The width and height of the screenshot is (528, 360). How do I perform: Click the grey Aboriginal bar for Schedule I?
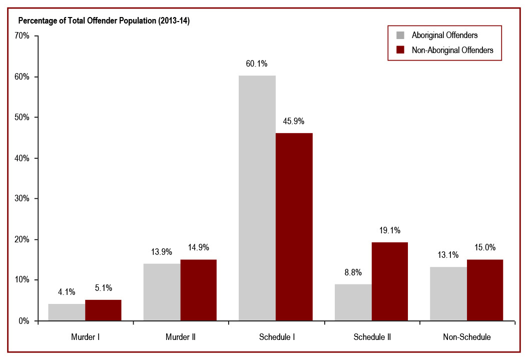point(257,198)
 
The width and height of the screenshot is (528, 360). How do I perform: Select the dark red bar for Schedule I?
point(294,226)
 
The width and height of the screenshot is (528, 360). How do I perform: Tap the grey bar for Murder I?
point(67,312)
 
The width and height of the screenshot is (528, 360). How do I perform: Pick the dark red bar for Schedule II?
point(389,281)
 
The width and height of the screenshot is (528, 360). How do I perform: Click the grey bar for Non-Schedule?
point(448,293)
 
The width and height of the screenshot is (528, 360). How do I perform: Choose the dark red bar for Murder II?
point(198,290)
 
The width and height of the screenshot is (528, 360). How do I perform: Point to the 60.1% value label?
point(257,64)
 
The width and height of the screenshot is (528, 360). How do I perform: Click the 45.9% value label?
point(294,121)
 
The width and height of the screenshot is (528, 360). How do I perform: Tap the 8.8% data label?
point(353,272)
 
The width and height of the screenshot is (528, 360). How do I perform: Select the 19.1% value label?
point(389,230)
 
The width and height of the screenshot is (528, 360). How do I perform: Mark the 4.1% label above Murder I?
point(67,292)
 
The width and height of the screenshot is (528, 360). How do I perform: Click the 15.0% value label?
point(485,247)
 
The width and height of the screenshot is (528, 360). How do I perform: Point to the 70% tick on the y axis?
point(23,36)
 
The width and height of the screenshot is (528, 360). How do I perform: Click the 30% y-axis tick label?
point(23,199)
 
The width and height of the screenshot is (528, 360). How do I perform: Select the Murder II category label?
point(180,337)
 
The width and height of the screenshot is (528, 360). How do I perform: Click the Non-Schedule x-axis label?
point(466,337)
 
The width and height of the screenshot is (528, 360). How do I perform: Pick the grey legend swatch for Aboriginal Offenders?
point(400,35)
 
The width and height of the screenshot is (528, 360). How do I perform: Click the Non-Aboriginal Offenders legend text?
point(452,50)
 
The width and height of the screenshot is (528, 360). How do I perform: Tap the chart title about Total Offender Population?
point(104,21)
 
